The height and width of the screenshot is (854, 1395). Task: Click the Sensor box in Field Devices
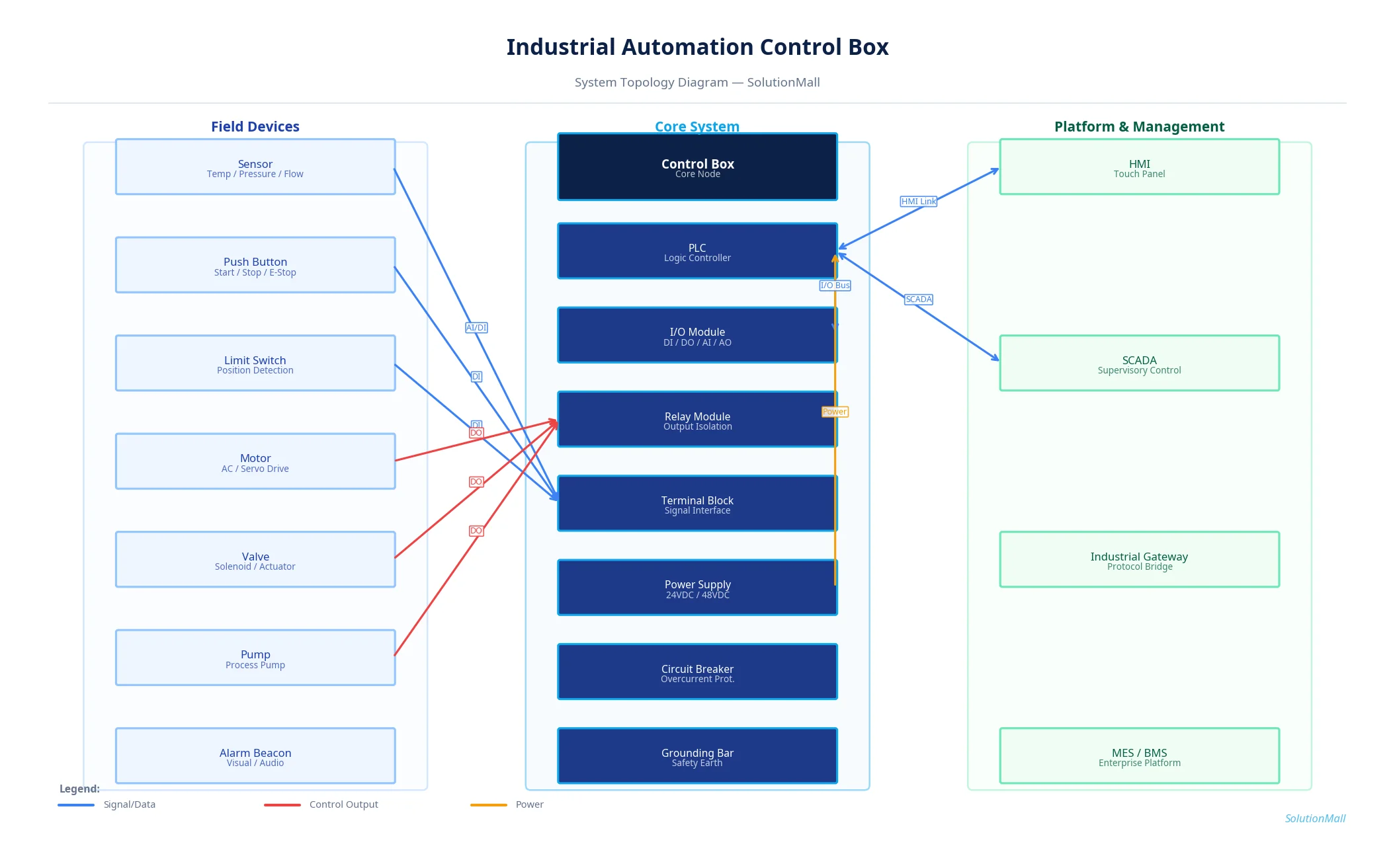tap(255, 167)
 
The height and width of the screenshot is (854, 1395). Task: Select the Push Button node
tap(255, 266)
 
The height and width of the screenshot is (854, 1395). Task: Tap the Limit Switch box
tap(255, 364)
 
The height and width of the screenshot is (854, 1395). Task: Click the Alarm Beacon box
tap(255, 756)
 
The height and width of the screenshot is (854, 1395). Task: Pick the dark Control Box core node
tap(697, 167)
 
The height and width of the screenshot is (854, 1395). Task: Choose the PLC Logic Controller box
tap(697, 252)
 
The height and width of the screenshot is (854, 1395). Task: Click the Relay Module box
tap(697, 420)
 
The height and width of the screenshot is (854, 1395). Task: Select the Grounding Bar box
tap(697, 756)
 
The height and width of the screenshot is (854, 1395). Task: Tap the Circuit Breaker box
tap(697, 672)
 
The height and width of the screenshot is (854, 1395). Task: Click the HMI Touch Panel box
tap(1139, 167)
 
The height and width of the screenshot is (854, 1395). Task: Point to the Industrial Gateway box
tap(1139, 560)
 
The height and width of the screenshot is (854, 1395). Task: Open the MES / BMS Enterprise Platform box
tap(1139, 756)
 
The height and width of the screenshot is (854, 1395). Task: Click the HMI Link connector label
tap(918, 202)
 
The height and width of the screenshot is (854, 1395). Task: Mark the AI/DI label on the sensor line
tap(476, 328)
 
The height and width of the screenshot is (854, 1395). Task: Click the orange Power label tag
tap(834, 412)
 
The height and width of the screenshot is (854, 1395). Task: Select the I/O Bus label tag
tap(835, 286)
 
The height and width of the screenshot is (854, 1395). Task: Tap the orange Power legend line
tap(488, 805)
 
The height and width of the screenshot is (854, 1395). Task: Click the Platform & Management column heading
tap(1139, 127)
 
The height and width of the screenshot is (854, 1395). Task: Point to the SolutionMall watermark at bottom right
tap(1314, 818)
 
